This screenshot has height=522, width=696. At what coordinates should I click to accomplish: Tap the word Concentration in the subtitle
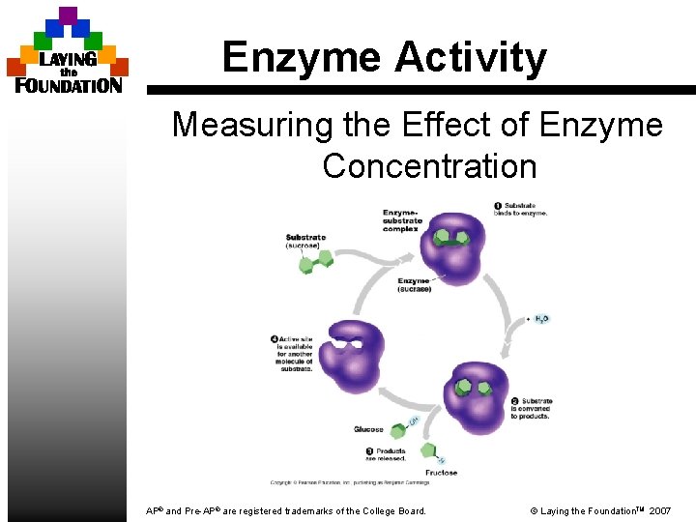click(429, 166)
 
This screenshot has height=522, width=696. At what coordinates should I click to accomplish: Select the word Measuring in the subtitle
click(252, 125)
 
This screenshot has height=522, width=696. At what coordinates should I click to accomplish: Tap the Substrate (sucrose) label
click(305, 241)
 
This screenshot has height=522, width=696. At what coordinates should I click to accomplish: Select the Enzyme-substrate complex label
click(402, 220)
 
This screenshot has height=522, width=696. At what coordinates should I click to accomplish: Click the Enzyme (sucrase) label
click(415, 285)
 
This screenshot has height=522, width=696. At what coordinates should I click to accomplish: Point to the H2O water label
click(541, 318)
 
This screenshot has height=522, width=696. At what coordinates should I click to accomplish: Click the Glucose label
click(368, 429)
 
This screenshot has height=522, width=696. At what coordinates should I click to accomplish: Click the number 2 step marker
click(515, 401)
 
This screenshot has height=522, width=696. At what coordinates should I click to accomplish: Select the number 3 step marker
click(369, 451)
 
